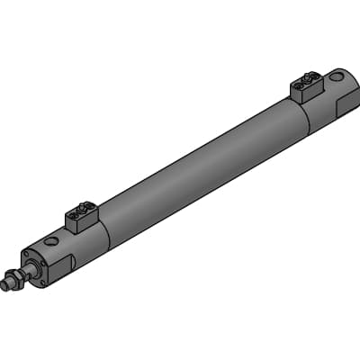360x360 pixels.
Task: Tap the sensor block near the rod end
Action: (80, 217)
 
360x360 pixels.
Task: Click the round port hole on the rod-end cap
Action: (52, 241)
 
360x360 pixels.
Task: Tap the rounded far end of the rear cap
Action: (354, 85)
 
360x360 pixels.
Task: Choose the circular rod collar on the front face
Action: (34, 267)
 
